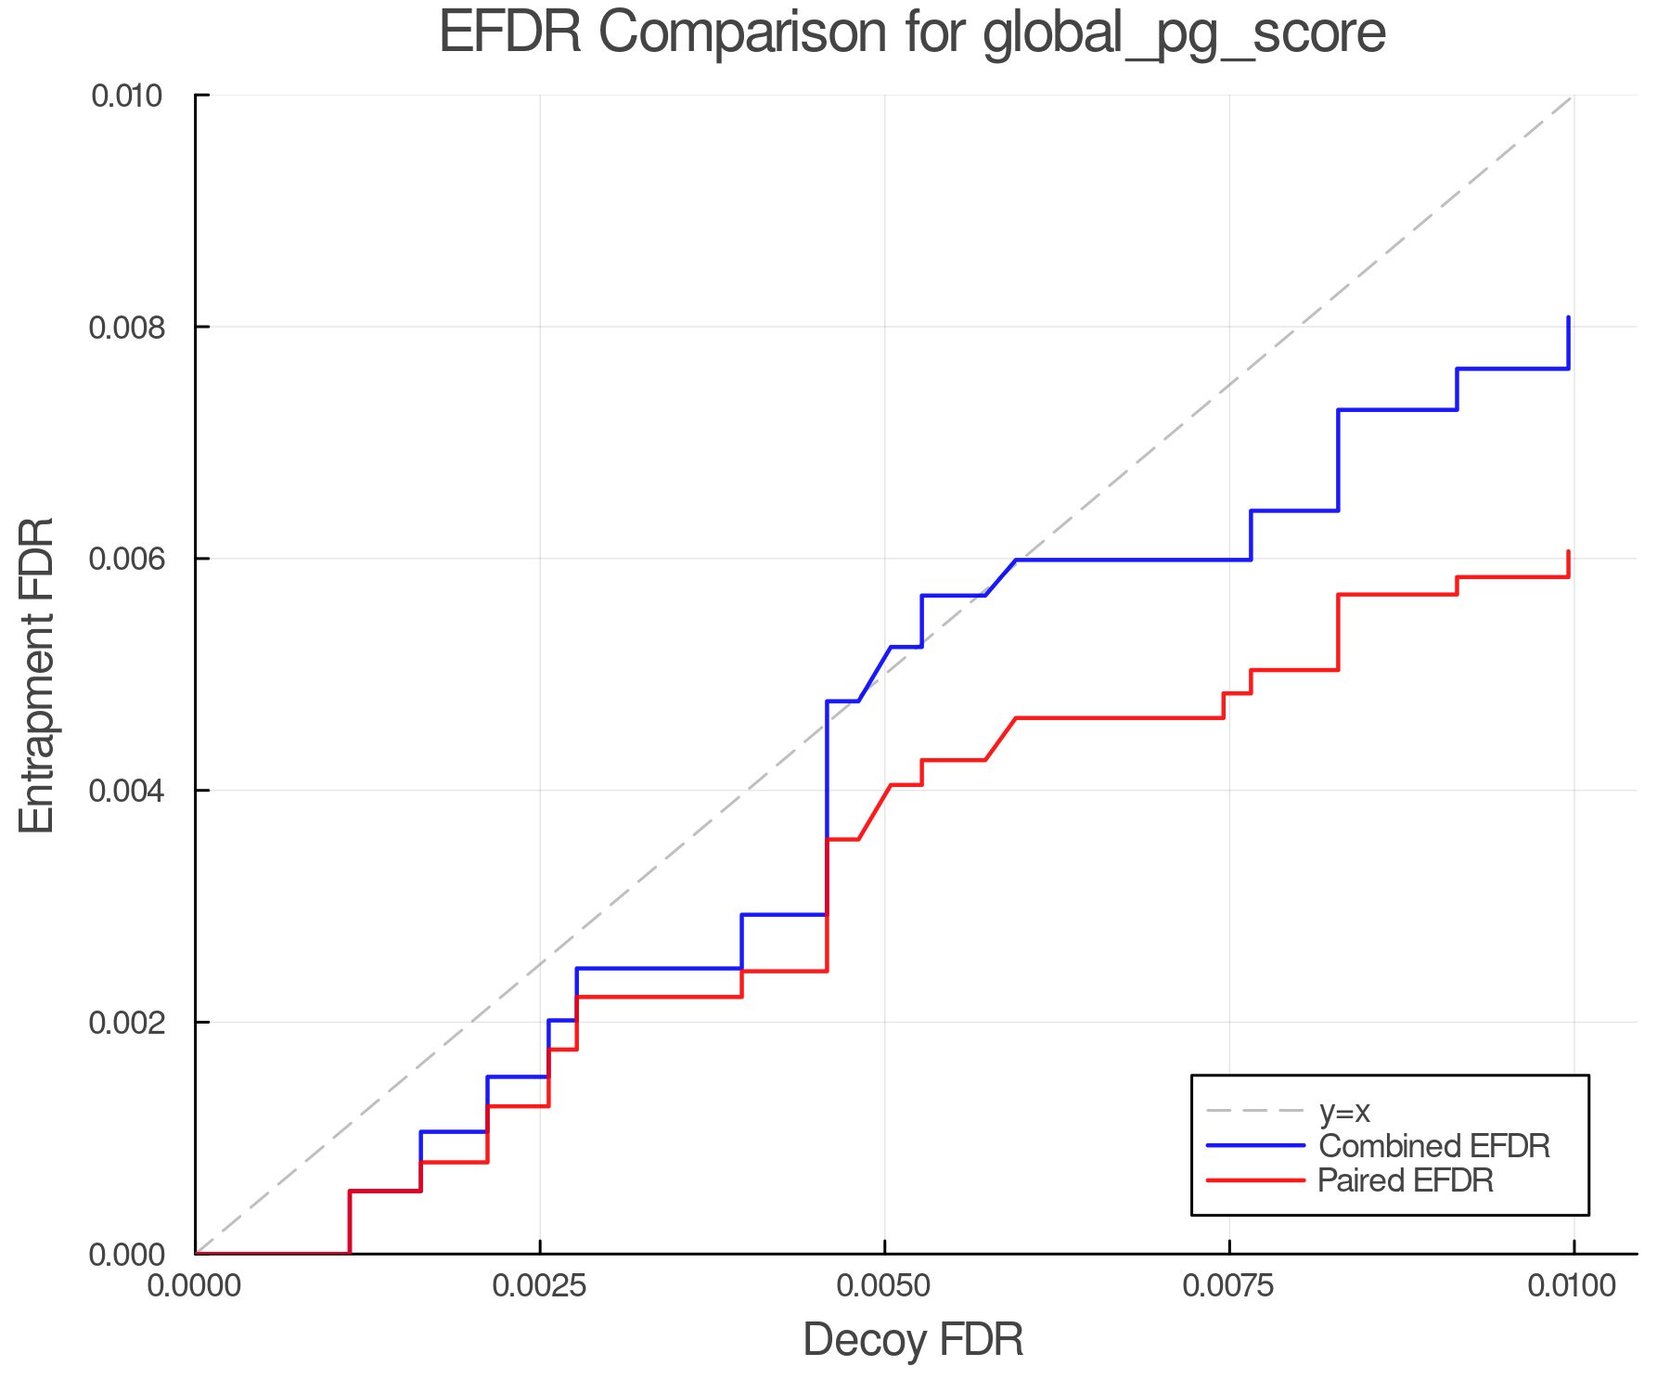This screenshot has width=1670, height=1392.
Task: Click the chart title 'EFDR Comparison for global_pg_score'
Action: pos(912,32)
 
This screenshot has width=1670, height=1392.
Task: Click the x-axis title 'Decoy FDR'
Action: pos(913,1340)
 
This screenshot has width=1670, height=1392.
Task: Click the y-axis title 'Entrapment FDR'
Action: pos(38,676)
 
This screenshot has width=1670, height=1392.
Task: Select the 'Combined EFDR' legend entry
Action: pos(1433,1146)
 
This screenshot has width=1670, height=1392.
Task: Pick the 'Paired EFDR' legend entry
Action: pos(1406,1180)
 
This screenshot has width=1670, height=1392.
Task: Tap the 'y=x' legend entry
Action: pos(1344,1111)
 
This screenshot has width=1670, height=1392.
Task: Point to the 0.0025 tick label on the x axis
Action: pos(540,1286)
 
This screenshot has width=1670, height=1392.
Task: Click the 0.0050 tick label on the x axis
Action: pos(885,1286)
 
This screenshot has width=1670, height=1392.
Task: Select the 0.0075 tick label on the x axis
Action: pos(1229,1286)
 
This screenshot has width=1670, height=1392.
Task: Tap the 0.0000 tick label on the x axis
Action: pos(196,1286)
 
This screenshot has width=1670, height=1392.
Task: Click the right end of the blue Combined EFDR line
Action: pos(1569,317)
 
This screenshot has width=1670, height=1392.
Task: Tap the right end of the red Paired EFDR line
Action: pos(1569,551)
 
